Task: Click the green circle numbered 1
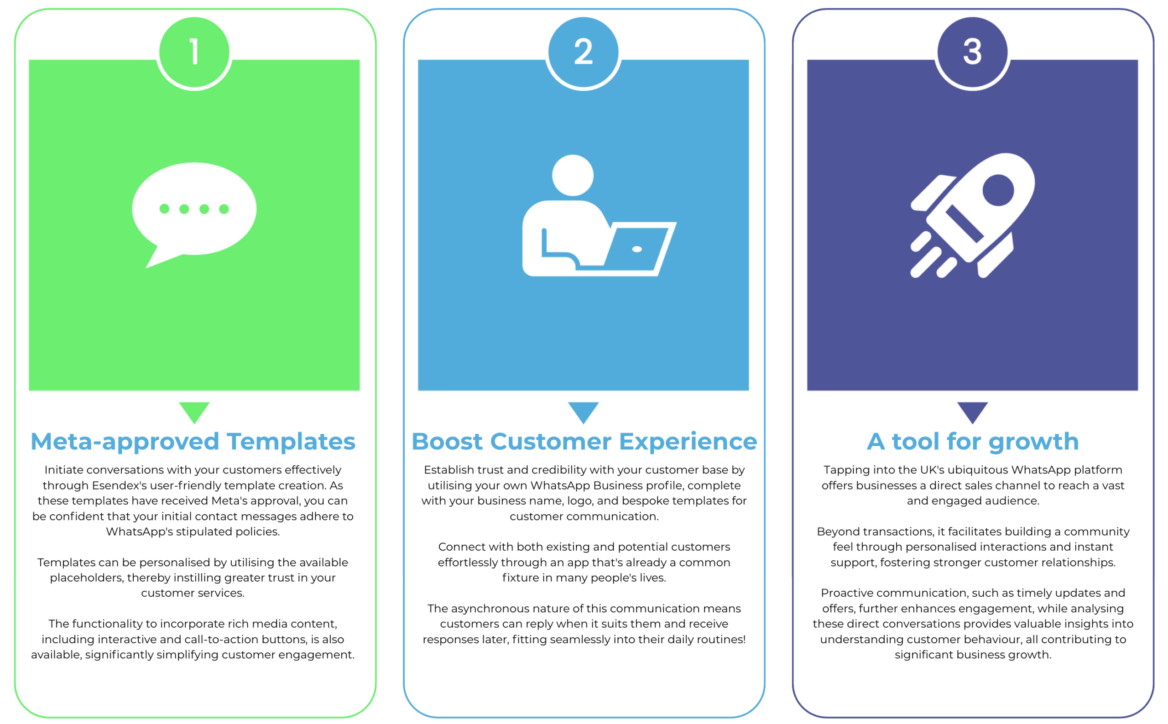[x=194, y=52]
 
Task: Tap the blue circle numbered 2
[x=583, y=52]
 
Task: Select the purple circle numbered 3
[x=972, y=52]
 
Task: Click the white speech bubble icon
[x=194, y=215]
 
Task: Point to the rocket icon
[x=972, y=215]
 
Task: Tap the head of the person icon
[x=573, y=175]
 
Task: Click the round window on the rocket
[x=998, y=190]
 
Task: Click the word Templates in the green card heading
[x=291, y=442]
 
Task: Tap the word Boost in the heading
[x=447, y=442]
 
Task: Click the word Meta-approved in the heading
[x=125, y=442]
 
